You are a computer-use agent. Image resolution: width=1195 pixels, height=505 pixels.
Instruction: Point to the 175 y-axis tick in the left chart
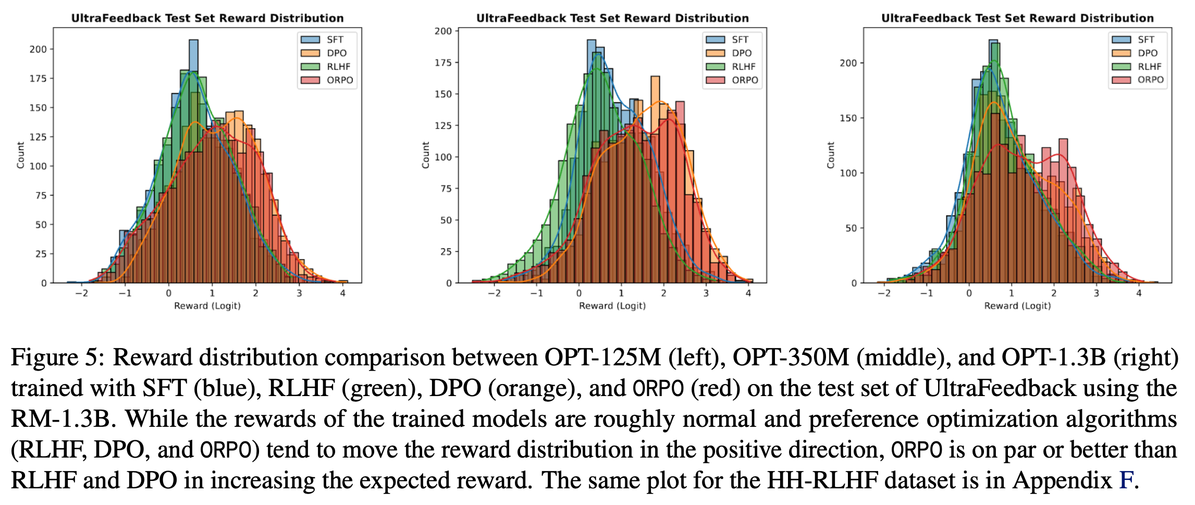(x=38, y=79)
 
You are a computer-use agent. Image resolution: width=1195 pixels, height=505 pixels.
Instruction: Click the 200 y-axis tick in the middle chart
(x=443, y=31)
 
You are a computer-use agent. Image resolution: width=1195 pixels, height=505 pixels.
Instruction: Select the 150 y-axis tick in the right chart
(x=848, y=118)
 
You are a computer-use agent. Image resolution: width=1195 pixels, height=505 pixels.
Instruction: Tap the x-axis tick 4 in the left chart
(x=342, y=293)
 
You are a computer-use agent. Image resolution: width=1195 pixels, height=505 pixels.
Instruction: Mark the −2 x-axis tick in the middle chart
(x=494, y=293)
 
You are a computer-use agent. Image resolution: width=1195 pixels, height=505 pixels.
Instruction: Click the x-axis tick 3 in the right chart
(x=1096, y=293)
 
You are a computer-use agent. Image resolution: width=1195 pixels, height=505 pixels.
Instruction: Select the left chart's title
(x=207, y=18)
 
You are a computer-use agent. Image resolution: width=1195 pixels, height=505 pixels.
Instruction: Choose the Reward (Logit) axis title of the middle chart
(x=612, y=306)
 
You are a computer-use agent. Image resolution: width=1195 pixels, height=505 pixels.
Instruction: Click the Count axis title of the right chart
(x=831, y=155)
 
